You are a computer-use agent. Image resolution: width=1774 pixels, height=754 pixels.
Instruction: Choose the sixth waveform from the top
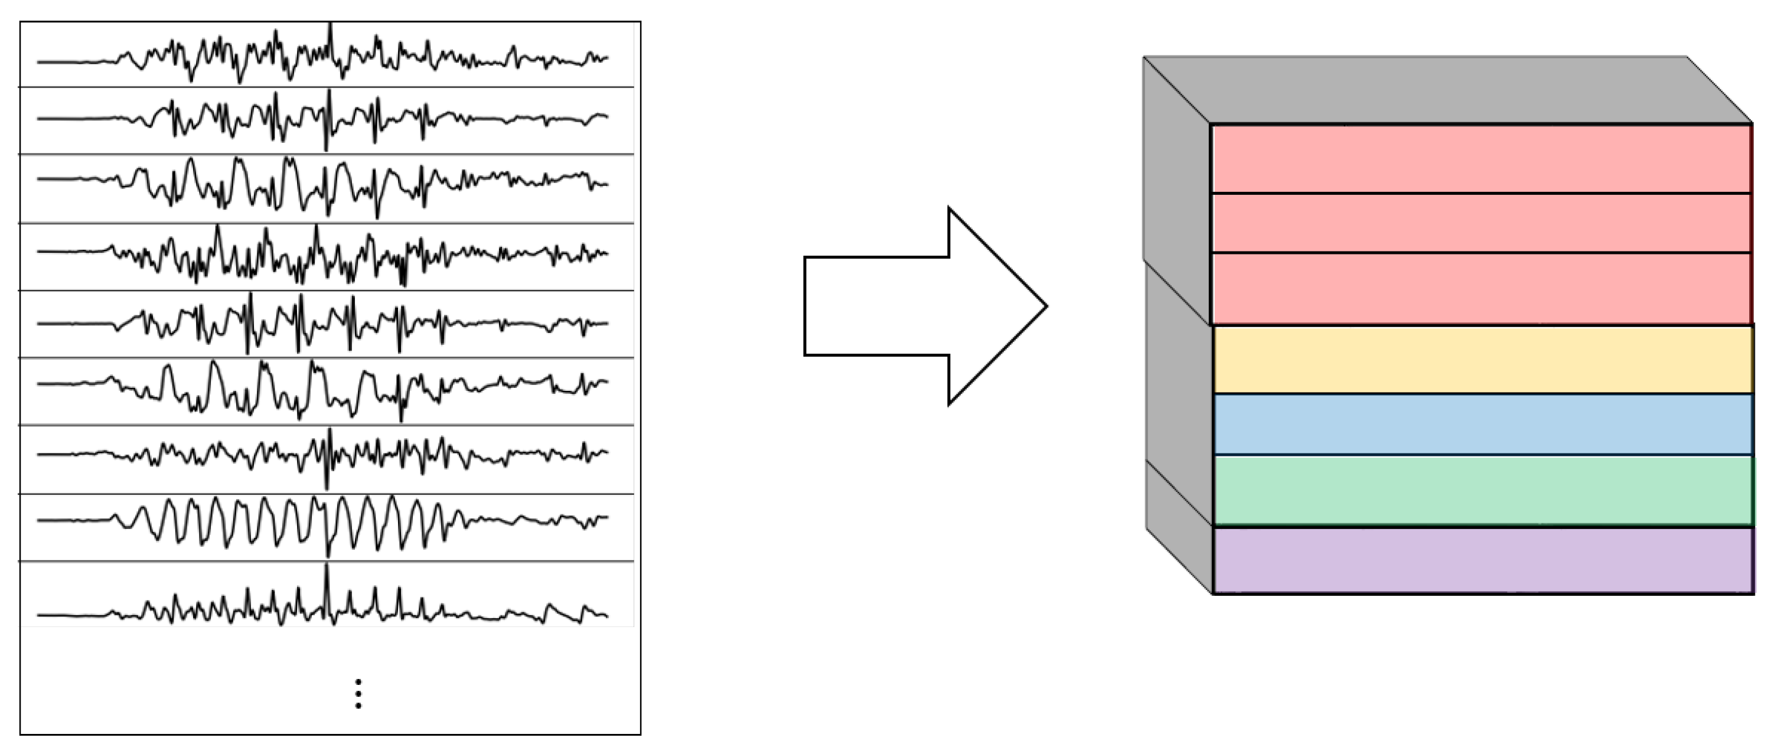point(324,389)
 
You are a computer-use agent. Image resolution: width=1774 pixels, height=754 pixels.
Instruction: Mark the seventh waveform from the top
point(324,456)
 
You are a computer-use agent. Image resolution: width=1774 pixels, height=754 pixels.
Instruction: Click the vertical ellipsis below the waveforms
point(358,693)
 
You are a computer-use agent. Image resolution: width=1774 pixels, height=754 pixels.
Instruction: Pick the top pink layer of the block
point(1480,158)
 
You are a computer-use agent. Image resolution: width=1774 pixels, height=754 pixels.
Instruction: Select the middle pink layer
point(1480,223)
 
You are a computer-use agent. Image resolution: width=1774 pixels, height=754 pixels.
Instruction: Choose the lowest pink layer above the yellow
point(1480,288)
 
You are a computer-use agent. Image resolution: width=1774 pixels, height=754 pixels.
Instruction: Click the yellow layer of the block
point(1480,360)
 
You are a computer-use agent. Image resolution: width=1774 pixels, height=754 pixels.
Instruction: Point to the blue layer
point(1480,424)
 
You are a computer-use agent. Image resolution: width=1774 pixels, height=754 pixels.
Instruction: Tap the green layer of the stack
point(1480,490)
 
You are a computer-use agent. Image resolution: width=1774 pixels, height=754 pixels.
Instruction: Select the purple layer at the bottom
point(1480,560)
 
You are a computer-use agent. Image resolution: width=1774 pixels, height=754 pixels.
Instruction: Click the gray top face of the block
point(1446,90)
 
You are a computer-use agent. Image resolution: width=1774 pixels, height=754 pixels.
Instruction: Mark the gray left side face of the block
point(1178,324)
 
